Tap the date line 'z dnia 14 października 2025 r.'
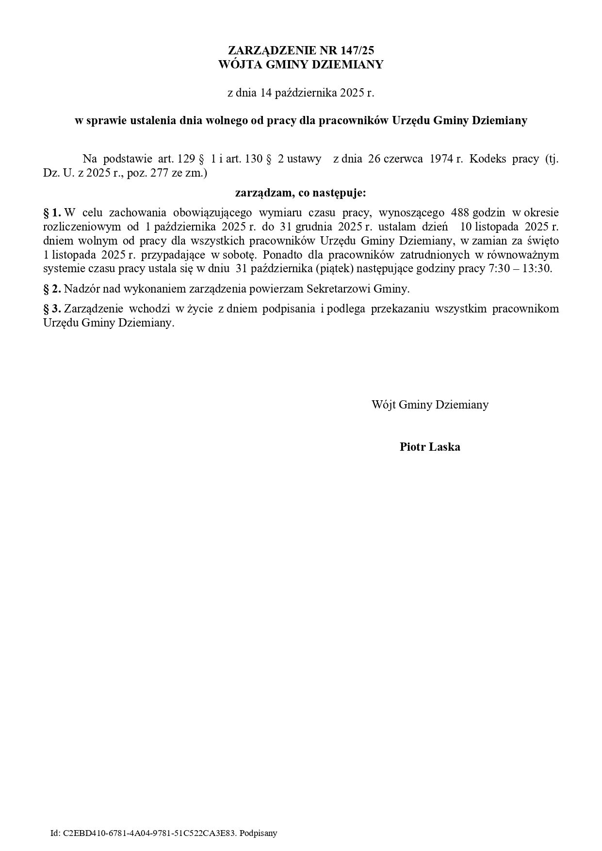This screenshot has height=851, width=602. [x=301, y=93]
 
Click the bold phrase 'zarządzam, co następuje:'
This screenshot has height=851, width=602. [x=301, y=193]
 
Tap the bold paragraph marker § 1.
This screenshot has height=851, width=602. [x=52, y=212]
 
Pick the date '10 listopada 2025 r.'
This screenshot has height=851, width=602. [x=509, y=226]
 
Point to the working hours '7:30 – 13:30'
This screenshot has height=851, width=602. [x=518, y=268]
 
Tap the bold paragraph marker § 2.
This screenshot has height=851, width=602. [x=52, y=289]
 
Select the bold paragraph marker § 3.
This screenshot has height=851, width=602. [x=52, y=309]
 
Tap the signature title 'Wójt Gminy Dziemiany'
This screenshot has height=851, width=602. [x=430, y=404]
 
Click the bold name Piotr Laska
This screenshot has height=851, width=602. [x=430, y=447]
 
